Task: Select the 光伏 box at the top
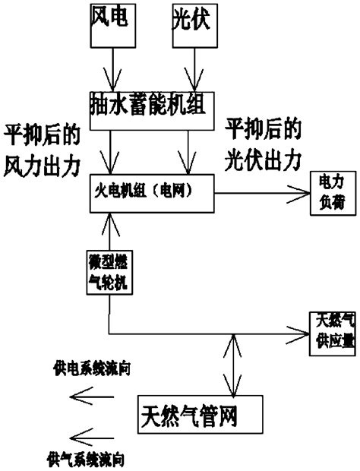187,24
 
